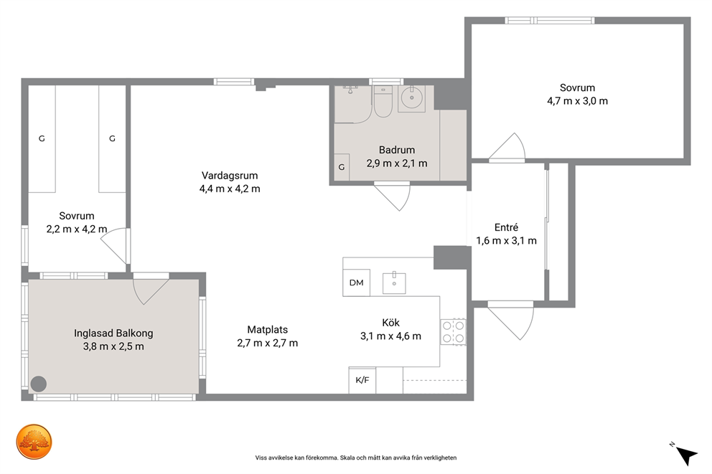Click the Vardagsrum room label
pos(230,176)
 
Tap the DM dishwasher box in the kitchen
pos(357,283)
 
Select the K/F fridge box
pos(362,380)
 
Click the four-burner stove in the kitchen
pos(453,332)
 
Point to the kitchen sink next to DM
pos(394,283)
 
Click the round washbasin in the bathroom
pos(411,98)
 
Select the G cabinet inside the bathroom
pos(342,167)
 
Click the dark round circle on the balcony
pos(39,384)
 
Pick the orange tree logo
pos(34,442)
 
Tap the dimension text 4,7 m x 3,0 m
pos(577,101)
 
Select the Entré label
pos(506,227)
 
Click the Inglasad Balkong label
pos(113,333)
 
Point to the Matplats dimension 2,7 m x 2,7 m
pos(268,343)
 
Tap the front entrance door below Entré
pos(511,321)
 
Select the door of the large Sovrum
pos(507,148)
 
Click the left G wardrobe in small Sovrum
pos(42,139)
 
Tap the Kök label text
pos(390,323)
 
